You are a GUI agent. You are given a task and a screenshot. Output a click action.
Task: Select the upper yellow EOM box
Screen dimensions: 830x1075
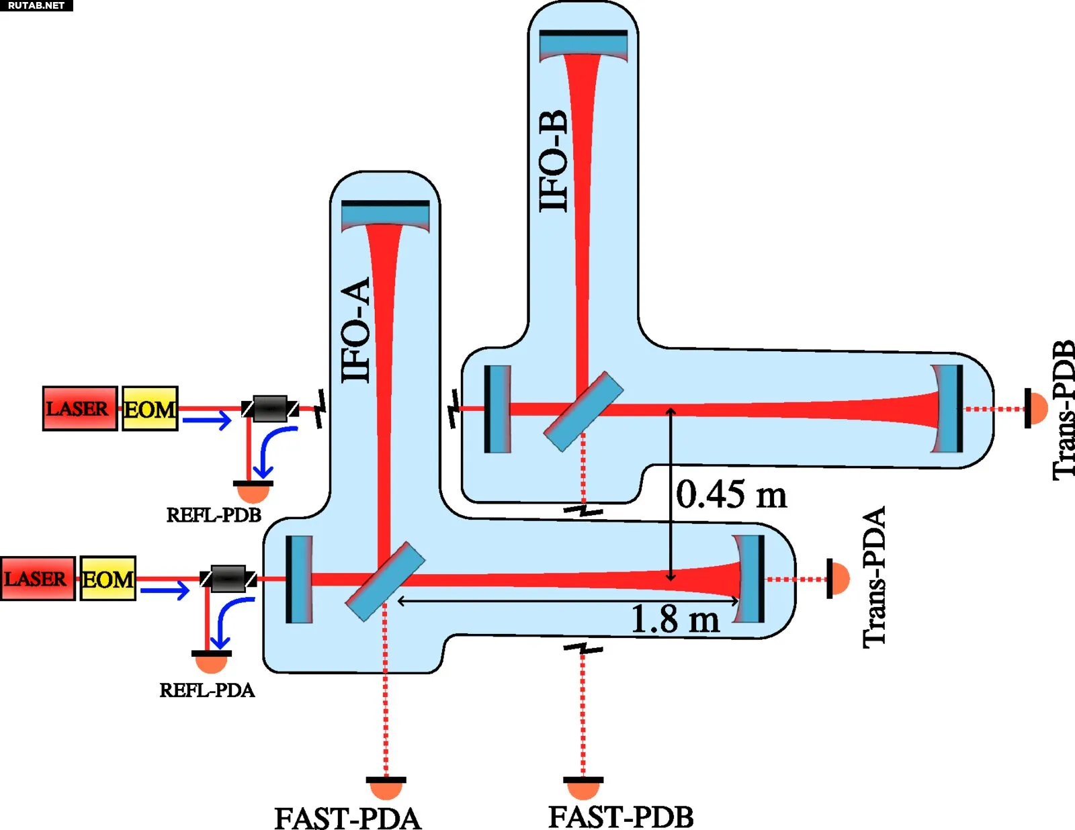[x=150, y=408]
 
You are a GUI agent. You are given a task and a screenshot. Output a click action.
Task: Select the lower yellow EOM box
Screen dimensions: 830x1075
[x=108, y=578]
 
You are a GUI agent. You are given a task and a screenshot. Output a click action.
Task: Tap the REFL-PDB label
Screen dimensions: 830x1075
[x=214, y=515]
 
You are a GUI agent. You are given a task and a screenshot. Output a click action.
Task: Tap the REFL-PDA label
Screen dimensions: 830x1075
[x=207, y=690]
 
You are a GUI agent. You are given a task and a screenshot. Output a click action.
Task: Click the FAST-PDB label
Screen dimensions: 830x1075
[x=621, y=817]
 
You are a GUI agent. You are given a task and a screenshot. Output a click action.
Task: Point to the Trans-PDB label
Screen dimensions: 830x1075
[x=1063, y=410]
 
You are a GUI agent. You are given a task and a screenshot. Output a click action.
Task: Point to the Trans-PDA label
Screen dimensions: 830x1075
[x=874, y=577]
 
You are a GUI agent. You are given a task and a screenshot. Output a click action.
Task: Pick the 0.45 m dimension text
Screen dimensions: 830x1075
[x=731, y=494]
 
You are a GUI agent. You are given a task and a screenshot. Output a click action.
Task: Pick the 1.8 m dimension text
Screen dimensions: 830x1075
[x=675, y=618]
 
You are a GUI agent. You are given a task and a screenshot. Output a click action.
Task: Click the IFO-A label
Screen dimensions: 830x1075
[x=357, y=330]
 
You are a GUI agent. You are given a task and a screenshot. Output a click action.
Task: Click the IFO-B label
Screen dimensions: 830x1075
[x=555, y=161]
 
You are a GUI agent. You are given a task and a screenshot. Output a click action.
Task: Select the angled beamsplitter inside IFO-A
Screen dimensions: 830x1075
[x=385, y=582]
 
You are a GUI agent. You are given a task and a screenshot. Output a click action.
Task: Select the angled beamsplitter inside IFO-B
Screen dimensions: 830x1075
[x=583, y=411]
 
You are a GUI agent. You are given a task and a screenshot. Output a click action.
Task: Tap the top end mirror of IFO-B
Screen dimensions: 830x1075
[x=583, y=44]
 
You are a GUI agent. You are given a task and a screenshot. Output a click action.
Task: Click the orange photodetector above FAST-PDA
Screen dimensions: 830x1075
[x=386, y=786]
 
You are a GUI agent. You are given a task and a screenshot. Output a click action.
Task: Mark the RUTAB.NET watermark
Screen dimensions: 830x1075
[x=36, y=5]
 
